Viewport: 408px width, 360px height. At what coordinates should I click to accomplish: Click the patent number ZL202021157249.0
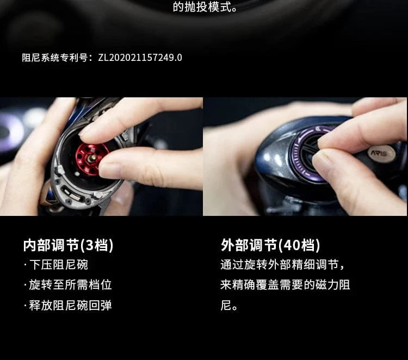tap(140, 58)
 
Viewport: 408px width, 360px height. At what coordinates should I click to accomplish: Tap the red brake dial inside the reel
tap(90, 158)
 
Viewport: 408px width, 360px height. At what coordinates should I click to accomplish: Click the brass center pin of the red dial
tap(92, 158)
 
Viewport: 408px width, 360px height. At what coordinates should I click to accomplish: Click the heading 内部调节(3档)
tap(69, 245)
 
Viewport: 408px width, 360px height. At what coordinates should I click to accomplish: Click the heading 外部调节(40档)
tap(270, 245)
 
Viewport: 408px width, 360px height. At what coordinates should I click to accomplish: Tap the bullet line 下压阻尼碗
tap(56, 265)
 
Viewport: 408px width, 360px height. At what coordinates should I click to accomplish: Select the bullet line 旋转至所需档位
tap(67, 285)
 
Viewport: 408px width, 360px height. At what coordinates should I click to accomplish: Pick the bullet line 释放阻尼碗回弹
tap(67, 305)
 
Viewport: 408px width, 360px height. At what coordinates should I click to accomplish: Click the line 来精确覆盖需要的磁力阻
tap(285, 285)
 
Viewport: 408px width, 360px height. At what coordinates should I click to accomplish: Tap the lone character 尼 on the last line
tap(226, 305)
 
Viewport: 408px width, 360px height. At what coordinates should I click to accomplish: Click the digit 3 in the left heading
tap(90, 245)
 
